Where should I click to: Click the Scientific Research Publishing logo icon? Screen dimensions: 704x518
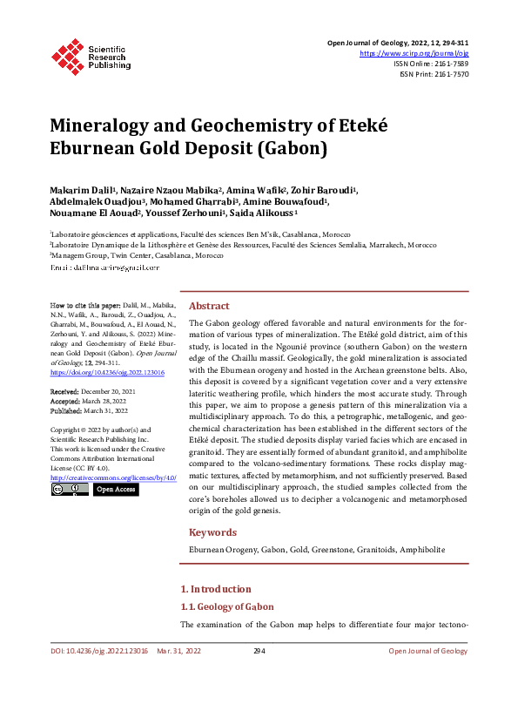(x=67, y=54)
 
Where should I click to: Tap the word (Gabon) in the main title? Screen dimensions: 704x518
(x=293, y=148)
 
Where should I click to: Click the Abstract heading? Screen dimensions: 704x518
(x=209, y=306)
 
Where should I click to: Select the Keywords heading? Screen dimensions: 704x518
(x=212, y=531)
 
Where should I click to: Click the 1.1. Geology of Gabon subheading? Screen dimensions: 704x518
(x=226, y=606)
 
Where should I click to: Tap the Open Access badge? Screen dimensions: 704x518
(x=115, y=490)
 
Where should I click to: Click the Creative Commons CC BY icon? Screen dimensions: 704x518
(x=70, y=490)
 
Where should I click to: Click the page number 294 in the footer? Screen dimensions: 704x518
(x=259, y=651)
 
